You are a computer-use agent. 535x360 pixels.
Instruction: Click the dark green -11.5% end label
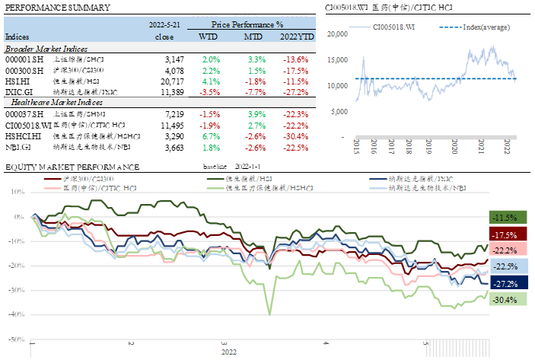pyautogui.click(x=505, y=217)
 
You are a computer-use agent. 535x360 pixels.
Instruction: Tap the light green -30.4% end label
pyautogui.click(x=505, y=299)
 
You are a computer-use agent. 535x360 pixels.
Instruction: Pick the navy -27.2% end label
pyautogui.click(x=505, y=282)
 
